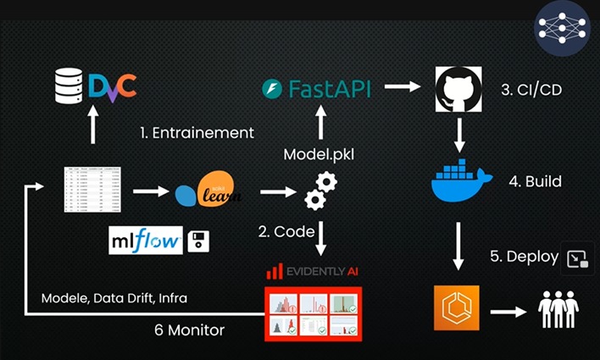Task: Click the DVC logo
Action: click(111, 86)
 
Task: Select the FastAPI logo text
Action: click(325, 87)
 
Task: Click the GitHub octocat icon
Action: click(458, 88)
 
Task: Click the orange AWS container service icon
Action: click(456, 307)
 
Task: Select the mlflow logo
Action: click(146, 241)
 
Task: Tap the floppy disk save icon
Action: click(198, 241)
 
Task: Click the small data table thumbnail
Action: click(92, 190)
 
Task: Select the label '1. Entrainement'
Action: click(197, 132)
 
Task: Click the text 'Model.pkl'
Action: click(319, 153)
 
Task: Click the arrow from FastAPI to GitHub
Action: click(403, 86)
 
